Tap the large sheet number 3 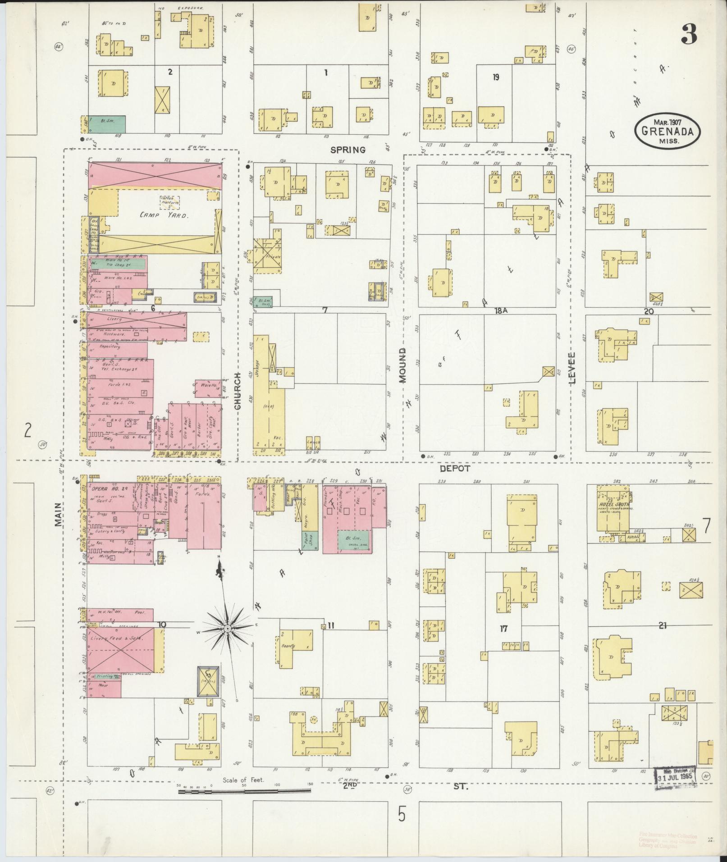[689, 34]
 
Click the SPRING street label [347, 150]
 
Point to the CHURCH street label [238, 390]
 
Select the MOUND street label [402, 365]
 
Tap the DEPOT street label [455, 469]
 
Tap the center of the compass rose [228, 629]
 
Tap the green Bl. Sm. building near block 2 [107, 124]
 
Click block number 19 [495, 78]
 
